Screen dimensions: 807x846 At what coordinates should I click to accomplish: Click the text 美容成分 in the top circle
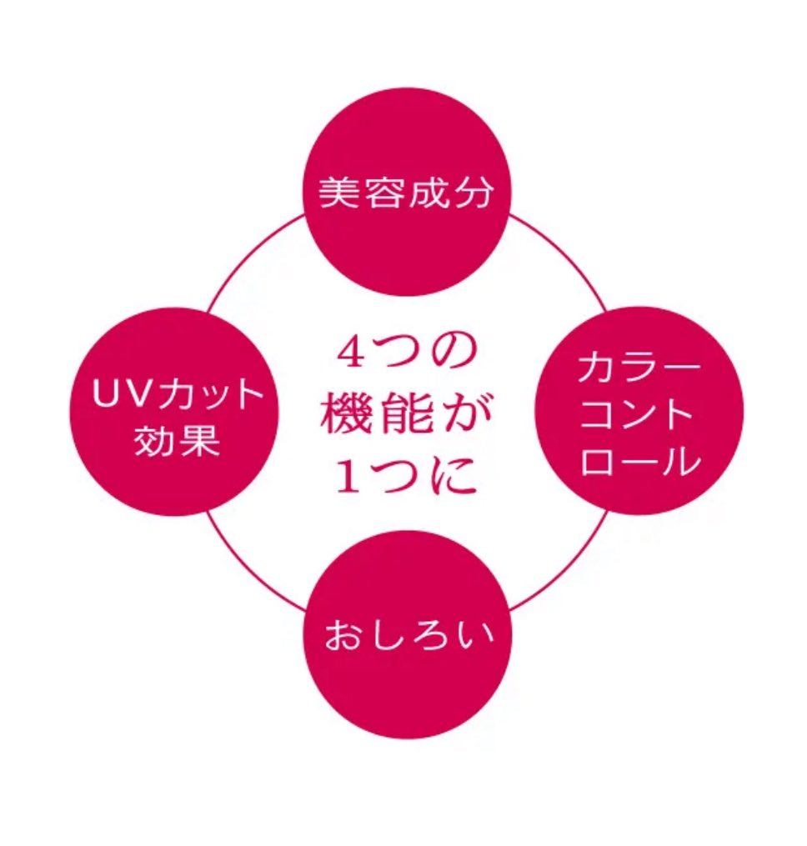[405, 193]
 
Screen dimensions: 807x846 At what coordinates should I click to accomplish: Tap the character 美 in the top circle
[339, 193]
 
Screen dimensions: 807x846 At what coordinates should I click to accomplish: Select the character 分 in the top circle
[473, 193]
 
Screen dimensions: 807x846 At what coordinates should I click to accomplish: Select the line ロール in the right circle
[640, 460]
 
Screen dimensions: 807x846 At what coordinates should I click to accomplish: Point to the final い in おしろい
[473, 634]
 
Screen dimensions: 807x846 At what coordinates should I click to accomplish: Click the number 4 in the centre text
[353, 353]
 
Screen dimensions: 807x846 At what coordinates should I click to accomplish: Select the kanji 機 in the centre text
[343, 413]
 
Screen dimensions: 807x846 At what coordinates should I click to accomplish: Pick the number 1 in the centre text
[351, 476]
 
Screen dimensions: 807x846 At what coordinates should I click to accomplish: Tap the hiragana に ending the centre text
[454, 476]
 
